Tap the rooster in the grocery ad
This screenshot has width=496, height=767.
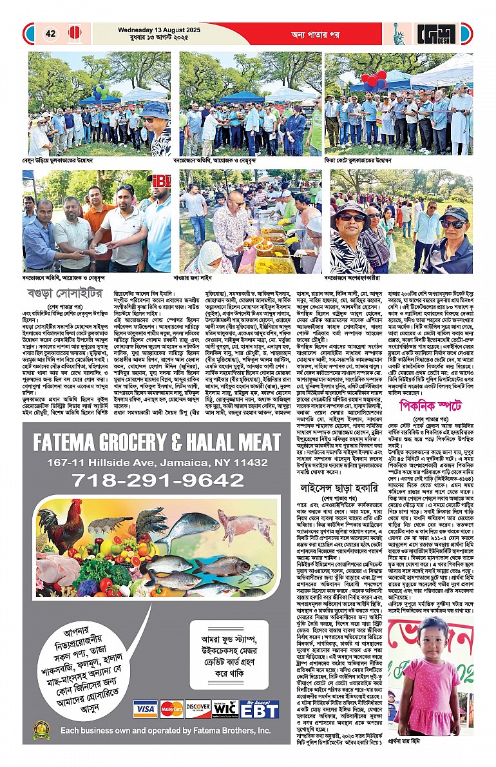pyautogui.click(x=61, y=524)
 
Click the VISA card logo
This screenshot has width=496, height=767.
pyautogui.click(x=145, y=709)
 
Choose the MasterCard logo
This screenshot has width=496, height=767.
pyautogui.click(x=171, y=709)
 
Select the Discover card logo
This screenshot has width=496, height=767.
pyautogui.click(x=198, y=709)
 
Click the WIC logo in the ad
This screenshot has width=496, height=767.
pyautogui.click(x=225, y=709)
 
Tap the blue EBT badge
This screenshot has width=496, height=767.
pyautogui.click(x=259, y=709)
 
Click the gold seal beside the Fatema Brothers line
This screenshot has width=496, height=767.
pyautogui.click(x=42, y=730)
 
